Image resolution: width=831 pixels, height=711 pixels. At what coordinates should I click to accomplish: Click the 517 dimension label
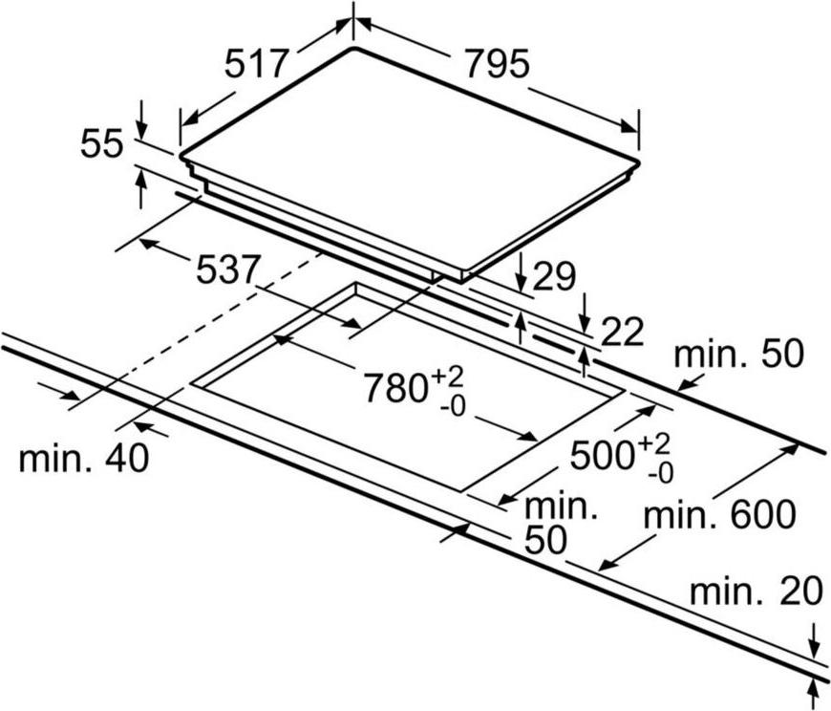(257, 64)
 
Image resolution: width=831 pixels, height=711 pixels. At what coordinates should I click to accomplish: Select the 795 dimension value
(497, 64)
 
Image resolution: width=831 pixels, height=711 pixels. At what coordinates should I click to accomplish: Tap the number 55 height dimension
(102, 143)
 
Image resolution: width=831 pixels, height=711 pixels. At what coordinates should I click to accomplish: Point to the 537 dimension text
(229, 269)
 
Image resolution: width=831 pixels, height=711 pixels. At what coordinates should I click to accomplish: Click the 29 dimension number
(553, 276)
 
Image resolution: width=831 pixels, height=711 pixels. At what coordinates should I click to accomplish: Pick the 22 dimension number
(622, 332)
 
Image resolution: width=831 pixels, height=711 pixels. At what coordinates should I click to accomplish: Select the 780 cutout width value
(395, 388)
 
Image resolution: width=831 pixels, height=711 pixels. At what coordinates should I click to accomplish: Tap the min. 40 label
(84, 458)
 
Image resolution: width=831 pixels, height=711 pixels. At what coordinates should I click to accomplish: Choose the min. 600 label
(719, 514)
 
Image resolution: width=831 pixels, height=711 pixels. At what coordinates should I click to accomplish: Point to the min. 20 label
(756, 592)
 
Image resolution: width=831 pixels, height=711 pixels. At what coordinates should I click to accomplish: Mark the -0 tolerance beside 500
(660, 473)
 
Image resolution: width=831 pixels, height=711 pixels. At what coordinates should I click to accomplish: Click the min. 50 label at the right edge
(738, 355)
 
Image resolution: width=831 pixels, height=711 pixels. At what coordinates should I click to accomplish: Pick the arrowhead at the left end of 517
(191, 118)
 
